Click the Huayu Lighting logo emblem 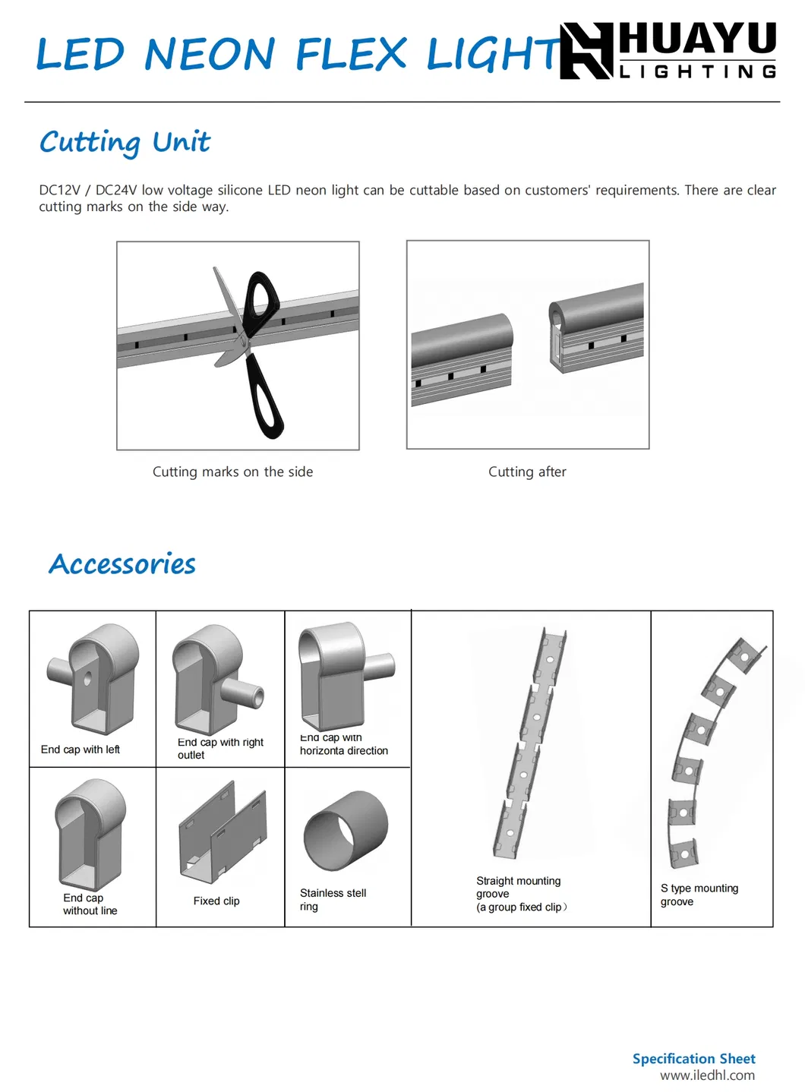(x=586, y=51)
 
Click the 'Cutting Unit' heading (x=125, y=142)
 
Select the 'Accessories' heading (x=122, y=564)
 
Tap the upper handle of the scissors (x=260, y=296)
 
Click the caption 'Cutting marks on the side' (x=232, y=472)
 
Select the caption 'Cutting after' (x=527, y=472)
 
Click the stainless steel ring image (x=346, y=830)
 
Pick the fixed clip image (x=223, y=834)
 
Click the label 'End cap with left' (x=80, y=750)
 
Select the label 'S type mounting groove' (x=699, y=895)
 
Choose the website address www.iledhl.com (x=707, y=1075)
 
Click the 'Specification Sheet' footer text (x=693, y=1059)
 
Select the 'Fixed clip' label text (x=216, y=901)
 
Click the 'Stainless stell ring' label (x=333, y=899)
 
